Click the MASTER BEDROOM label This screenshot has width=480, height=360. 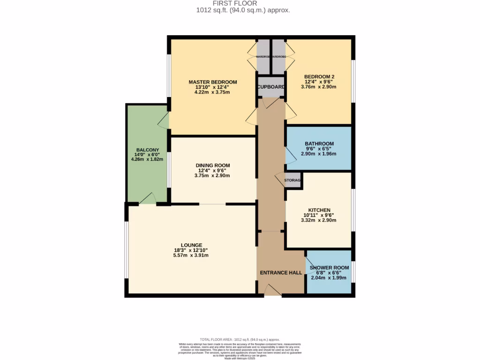(213, 82)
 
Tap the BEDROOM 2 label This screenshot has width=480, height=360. (319, 76)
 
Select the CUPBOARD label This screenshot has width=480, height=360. (271, 87)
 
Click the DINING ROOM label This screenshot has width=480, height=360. (213, 165)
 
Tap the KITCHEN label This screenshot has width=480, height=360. (319, 210)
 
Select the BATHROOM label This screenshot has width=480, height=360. (319, 144)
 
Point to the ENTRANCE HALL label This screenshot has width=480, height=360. (281, 272)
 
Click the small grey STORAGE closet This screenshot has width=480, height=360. (293, 180)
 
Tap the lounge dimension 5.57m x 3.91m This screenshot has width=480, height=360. (191, 255)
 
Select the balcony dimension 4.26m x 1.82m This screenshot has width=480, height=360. (147, 159)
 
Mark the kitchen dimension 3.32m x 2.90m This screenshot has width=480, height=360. (319, 220)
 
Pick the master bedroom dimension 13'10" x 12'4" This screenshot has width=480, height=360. (213, 87)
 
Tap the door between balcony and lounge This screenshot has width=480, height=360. (148, 199)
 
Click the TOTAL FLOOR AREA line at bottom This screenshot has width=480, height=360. (240, 339)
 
